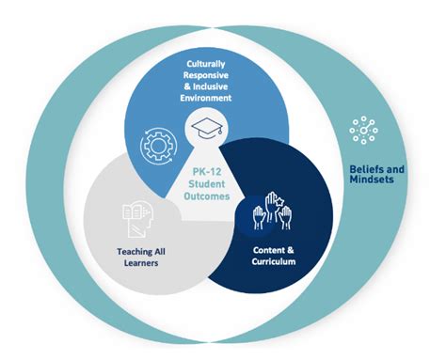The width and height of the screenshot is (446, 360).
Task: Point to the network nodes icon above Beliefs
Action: click(x=364, y=131)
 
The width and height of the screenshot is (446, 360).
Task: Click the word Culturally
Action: click(x=206, y=62)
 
